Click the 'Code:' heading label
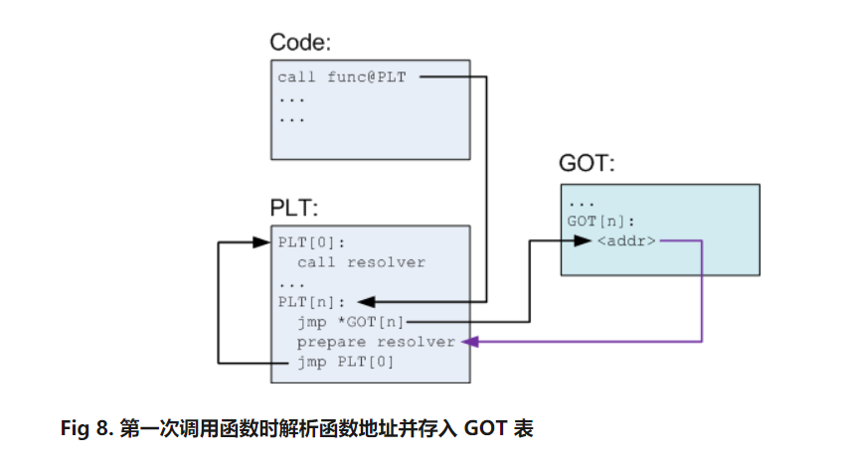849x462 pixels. coord(301,43)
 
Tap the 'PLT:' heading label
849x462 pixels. coord(294,208)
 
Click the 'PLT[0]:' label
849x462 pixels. coord(311,242)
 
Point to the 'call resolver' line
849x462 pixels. coord(361,262)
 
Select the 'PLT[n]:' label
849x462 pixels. coord(311,301)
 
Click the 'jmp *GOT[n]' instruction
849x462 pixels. coord(351,321)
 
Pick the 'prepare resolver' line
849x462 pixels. coord(376,341)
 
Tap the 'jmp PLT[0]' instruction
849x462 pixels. coord(346,362)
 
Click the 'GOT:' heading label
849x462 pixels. coord(587,164)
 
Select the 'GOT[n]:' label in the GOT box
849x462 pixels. coord(599,222)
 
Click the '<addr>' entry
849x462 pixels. coord(626,241)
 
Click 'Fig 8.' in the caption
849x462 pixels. coord(86,429)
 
